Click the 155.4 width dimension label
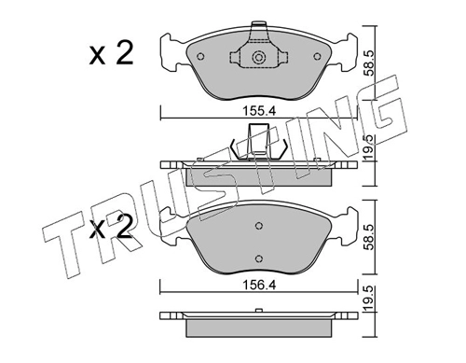click(259, 111)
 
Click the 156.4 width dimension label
click(259, 285)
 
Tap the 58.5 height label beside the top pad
click(370, 63)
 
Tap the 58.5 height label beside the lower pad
click(370, 238)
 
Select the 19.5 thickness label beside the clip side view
click(370, 147)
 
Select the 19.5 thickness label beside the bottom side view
click(370, 299)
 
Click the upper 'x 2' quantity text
click(111, 53)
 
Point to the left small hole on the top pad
click(200, 57)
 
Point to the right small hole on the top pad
click(317, 57)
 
